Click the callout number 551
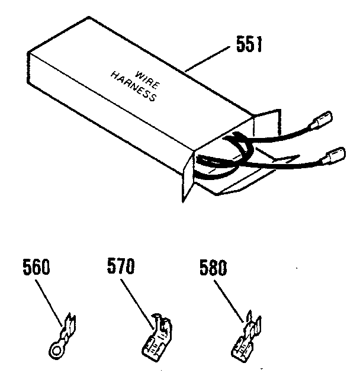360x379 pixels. point(249,44)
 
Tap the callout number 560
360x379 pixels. point(36,266)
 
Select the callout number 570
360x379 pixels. point(121,266)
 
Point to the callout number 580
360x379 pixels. point(213,268)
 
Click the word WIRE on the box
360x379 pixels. point(147,79)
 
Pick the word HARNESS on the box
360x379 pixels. point(134,86)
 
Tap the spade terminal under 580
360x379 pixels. point(246,336)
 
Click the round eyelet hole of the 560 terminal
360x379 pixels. point(56,349)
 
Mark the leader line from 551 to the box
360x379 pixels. point(207,59)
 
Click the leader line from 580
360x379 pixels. point(229,301)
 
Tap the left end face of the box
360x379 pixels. point(28,68)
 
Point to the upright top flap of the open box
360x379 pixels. point(268,123)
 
